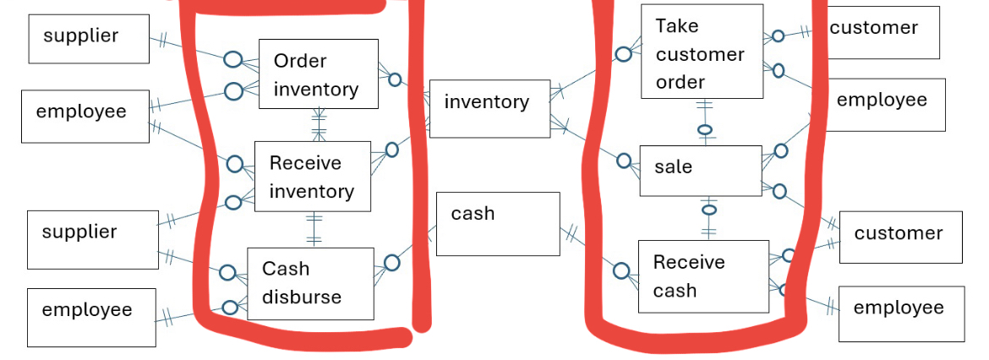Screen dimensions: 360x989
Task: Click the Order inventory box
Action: tap(318, 74)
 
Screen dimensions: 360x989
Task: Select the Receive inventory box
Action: tap(313, 177)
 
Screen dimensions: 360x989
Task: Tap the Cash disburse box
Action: tap(310, 283)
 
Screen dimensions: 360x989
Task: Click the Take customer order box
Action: tap(702, 52)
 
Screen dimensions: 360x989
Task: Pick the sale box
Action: tap(701, 170)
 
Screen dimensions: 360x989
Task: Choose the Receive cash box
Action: tap(703, 275)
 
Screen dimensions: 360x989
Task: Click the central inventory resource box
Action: tap(489, 108)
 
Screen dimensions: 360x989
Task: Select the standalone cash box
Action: tap(497, 223)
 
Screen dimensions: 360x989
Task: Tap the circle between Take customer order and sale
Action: tap(705, 130)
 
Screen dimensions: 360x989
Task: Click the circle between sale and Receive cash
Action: tap(708, 210)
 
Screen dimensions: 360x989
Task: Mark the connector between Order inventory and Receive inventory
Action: tap(318, 125)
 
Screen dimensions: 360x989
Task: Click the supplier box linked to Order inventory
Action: tap(89, 39)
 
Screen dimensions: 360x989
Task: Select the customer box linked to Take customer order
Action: tap(882, 32)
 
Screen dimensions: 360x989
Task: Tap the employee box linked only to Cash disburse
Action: tap(91, 317)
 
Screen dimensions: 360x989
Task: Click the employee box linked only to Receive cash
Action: tap(900, 314)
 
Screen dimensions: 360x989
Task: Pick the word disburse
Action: tap(302, 297)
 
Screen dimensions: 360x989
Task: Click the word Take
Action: tap(676, 26)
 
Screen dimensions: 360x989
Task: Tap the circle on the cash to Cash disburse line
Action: tap(391, 263)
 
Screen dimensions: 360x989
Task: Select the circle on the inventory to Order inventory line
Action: tap(394, 80)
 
